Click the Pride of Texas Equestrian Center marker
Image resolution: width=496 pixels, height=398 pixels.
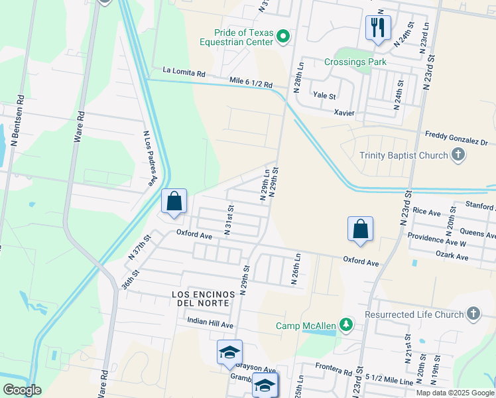click(283, 36)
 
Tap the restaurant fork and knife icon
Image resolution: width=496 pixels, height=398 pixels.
click(378, 28)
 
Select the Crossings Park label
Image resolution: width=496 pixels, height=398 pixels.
click(355, 62)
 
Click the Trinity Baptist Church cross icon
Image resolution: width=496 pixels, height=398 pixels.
click(458, 155)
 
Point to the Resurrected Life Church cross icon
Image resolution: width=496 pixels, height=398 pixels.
click(473, 314)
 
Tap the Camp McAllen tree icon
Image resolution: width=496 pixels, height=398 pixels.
click(345, 324)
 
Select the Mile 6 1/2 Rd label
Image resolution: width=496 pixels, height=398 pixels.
click(251, 84)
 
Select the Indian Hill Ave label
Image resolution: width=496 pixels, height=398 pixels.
click(210, 325)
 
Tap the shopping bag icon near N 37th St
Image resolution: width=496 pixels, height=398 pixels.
click(174, 201)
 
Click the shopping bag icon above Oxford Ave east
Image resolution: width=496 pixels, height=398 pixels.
click(360, 228)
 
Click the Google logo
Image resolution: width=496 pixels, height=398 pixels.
click(21, 390)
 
